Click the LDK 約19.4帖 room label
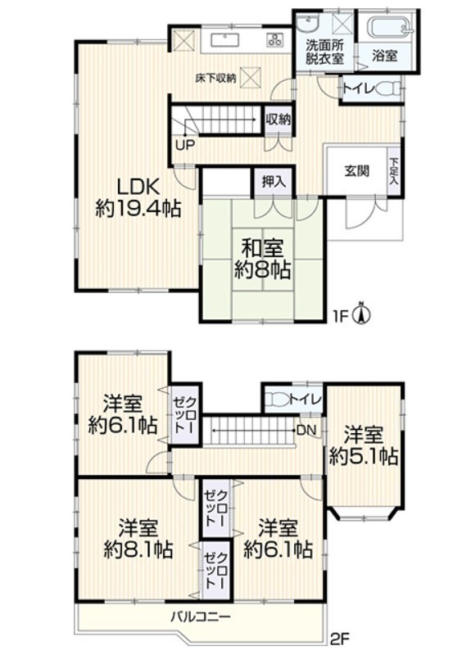pyautogui.click(x=138, y=197)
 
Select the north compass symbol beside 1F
pyautogui.click(x=362, y=313)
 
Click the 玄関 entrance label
pyautogui.click(x=356, y=171)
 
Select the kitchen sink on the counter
pyautogui.click(x=225, y=40)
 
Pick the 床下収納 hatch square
pyautogui.click(x=251, y=78)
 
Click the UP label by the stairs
pyautogui.click(x=184, y=145)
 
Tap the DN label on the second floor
pyautogui.click(x=306, y=430)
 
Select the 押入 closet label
pyautogui.click(x=274, y=182)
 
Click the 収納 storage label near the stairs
pyautogui.click(x=278, y=120)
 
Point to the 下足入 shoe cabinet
pyautogui.click(x=394, y=170)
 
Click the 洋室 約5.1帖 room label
pyautogui.click(x=363, y=446)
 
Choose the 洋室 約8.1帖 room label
pyautogui.click(x=138, y=539)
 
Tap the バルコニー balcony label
pyautogui.click(x=201, y=617)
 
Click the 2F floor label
pyautogui.click(x=339, y=639)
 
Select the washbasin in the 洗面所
pyautogui.click(x=308, y=24)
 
